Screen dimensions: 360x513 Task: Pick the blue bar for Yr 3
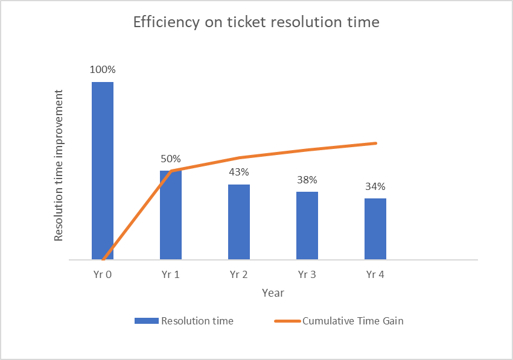pos(307,226)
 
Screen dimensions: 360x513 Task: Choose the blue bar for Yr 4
pos(375,229)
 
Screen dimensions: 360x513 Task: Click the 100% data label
pos(103,69)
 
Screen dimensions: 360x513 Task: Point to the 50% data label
pos(171,159)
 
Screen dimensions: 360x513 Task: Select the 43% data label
pos(239,172)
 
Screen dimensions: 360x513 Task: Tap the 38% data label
pos(307,180)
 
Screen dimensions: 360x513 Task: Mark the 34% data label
pos(375,186)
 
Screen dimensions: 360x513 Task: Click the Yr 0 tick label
pos(103,274)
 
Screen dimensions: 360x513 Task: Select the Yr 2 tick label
pos(239,274)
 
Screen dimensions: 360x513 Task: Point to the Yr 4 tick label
pos(375,274)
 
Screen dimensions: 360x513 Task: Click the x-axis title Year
pos(273,293)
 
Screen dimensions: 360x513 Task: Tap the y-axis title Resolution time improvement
pos(59,165)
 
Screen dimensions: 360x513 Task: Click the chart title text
pos(256,23)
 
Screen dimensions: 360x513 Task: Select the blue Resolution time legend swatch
pos(146,321)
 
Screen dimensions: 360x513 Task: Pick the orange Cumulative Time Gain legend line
pos(287,321)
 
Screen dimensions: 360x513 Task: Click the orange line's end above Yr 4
pos(375,143)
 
